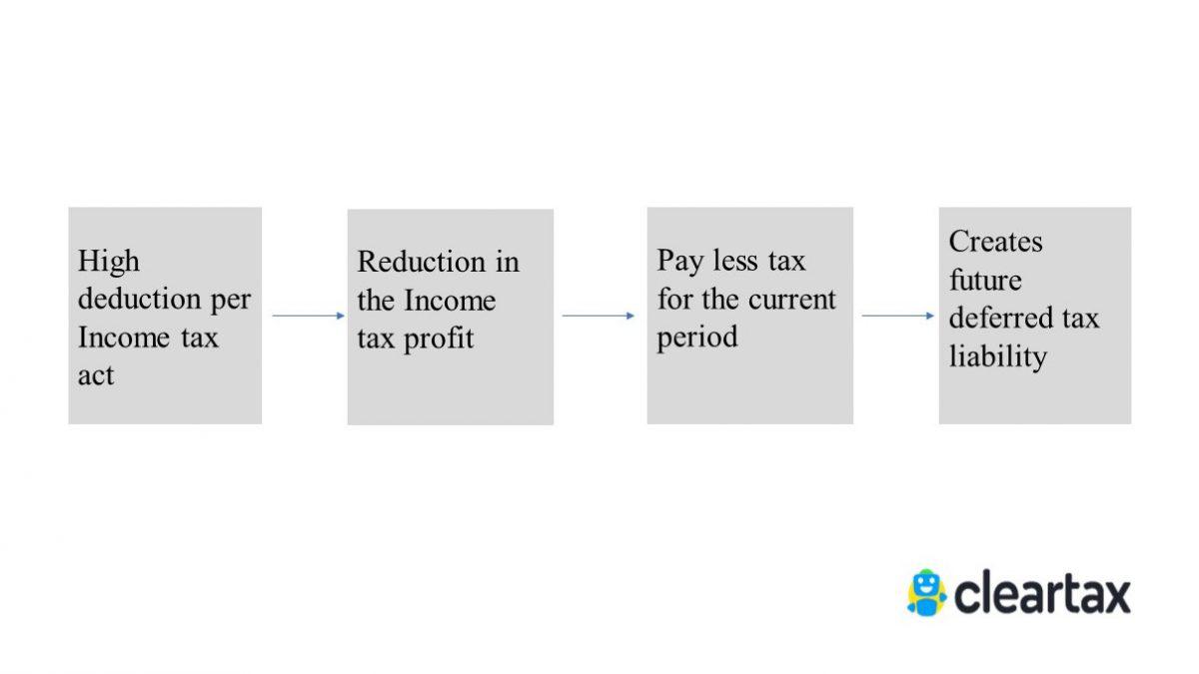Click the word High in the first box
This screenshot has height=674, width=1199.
(x=109, y=262)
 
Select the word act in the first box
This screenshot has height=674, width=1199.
(x=96, y=376)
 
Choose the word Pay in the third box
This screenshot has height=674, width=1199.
(x=680, y=262)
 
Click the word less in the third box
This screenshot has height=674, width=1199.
(x=734, y=262)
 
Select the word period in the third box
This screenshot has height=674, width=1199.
(x=697, y=337)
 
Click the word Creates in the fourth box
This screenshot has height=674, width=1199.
(x=995, y=242)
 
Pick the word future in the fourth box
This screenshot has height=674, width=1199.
(x=985, y=280)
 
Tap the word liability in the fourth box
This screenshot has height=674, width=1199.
(x=997, y=356)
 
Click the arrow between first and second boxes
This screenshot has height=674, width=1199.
(x=308, y=316)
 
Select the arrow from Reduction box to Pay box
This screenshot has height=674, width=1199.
(x=599, y=316)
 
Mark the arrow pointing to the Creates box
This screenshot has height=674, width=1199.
(x=897, y=316)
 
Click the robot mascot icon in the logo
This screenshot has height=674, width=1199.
(x=926, y=592)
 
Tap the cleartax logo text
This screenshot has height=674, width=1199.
(x=1042, y=594)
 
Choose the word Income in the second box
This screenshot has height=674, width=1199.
(x=449, y=301)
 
